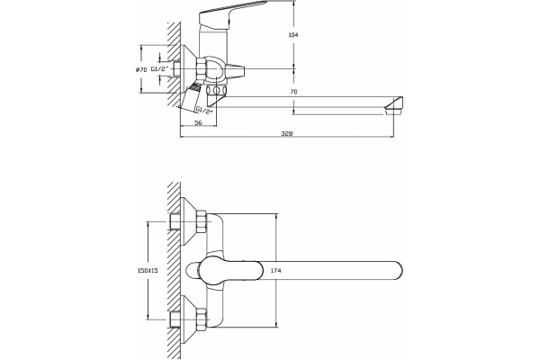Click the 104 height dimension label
(x=293, y=35)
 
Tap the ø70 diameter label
(x=141, y=69)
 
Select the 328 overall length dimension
(x=287, y=133)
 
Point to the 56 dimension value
(x=198, y=122)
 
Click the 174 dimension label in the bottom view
(x=275, y=270)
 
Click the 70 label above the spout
(x=293, y=92)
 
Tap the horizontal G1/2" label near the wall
(x=160, y=69)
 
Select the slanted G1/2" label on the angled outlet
(x=204, y=110)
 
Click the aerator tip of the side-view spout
(x=393, y=106)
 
